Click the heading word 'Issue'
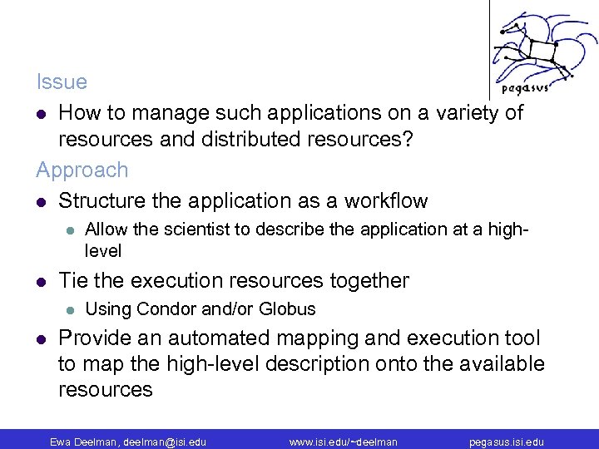[x=62, y=81]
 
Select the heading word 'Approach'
[x=82, y=170]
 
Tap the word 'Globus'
[x=287, y=309]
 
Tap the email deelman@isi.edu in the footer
[x=165, y=442]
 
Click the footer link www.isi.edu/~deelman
[x=343, y=442]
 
